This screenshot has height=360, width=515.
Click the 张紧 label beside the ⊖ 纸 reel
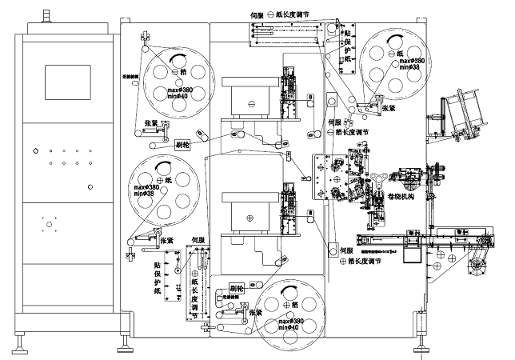click(388, 107)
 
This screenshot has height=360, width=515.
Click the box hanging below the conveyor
click(413, 252)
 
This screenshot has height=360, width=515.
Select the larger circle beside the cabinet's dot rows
click(90, 187)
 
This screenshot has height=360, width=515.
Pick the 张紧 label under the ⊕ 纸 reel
click(167, 239)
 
